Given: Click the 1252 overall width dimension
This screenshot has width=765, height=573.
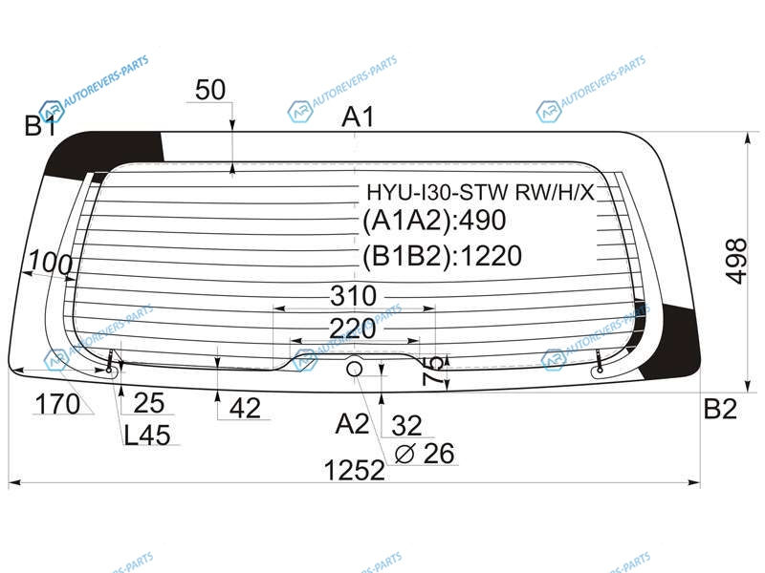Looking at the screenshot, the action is coord(354,470).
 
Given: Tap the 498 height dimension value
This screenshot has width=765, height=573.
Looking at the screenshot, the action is coord(736,261).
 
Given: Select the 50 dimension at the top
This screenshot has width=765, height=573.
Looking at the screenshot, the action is coord(210,90).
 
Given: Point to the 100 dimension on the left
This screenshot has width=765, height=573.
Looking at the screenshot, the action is coord(51,263).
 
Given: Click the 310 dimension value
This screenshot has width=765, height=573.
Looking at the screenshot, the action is coord(353,296).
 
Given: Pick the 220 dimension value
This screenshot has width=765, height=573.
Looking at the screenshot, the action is coord(353,329).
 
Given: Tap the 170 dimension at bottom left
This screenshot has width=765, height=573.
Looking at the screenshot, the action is coord(57,404).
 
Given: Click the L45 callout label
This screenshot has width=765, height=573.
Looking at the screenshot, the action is coord(147,435).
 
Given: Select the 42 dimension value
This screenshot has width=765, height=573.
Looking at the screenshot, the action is coord(245,408).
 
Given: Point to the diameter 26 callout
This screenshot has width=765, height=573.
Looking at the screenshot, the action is coord(425,454).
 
